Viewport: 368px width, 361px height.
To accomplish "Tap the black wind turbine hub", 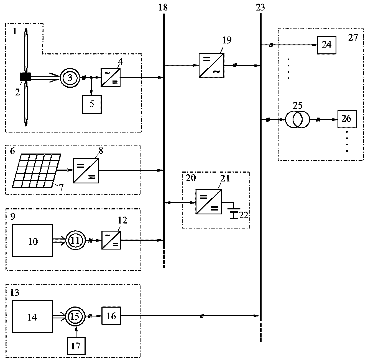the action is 25,77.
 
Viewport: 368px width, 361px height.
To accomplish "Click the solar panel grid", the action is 37,170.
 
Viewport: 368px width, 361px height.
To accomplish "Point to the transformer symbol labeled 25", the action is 298,120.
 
